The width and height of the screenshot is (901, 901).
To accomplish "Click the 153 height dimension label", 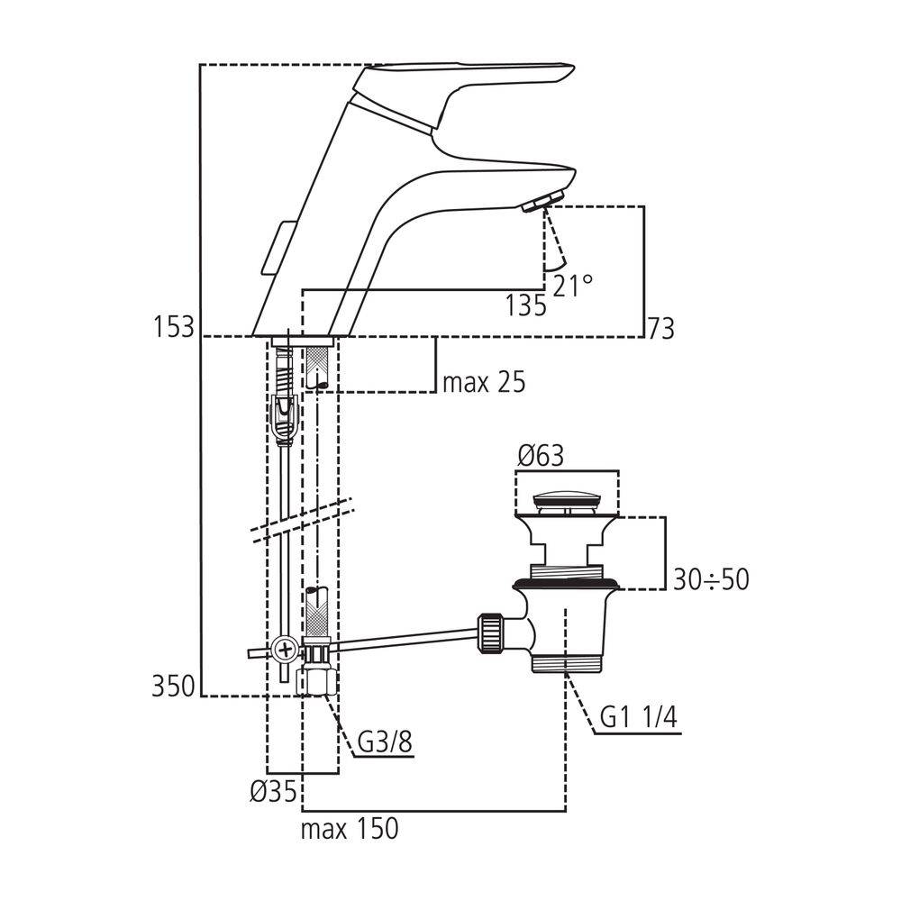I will click(x=174, y=325).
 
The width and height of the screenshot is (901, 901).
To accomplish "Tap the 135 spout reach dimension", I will click(x=526, y=305).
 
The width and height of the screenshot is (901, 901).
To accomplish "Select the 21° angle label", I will click(x=574, y=287).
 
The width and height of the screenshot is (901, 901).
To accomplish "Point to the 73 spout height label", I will click(x=660, y=328).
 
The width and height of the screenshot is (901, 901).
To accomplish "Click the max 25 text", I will click(x=483, y=383).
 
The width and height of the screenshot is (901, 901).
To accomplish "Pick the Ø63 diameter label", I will click(x=541, y=457).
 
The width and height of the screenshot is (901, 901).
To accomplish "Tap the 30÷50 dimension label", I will click(x=711, y=578).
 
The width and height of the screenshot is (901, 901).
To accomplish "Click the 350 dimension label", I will click(x=172, y=687).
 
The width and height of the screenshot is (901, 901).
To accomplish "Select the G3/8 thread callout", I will click(x=386, y=744).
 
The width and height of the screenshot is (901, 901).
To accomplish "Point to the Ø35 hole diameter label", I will click(x=272, y=792).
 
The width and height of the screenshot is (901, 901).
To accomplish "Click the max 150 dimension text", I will click(x=350, y=828).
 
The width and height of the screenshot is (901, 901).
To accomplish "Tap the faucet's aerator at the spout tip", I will click(x=541, y=201).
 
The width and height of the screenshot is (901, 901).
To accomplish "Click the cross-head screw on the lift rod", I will click(x=286, y=646).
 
